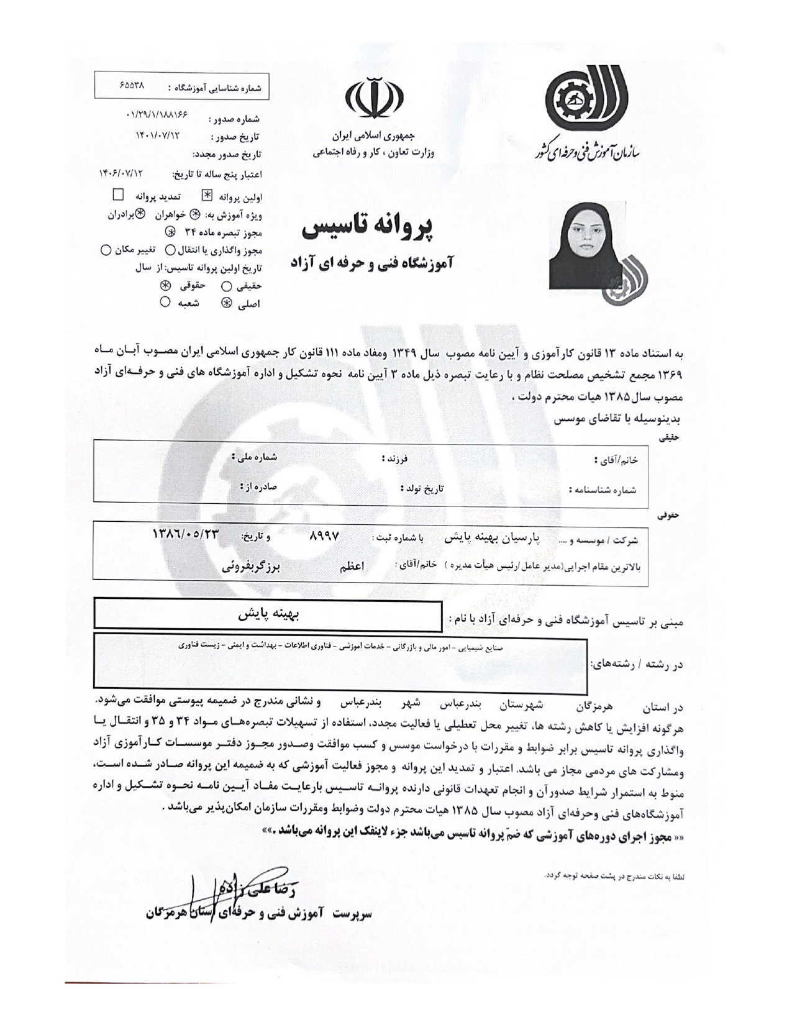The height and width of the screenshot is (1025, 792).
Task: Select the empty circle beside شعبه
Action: [x=165, y=303]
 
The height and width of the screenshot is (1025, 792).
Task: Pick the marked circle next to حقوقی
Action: [x=165, y=286]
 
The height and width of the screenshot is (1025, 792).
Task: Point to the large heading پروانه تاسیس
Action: [x=368, y=227]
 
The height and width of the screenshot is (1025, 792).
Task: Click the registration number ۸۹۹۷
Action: [x=323, y=536]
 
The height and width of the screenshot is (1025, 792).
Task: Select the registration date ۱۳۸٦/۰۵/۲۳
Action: [x=186, y=534]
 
